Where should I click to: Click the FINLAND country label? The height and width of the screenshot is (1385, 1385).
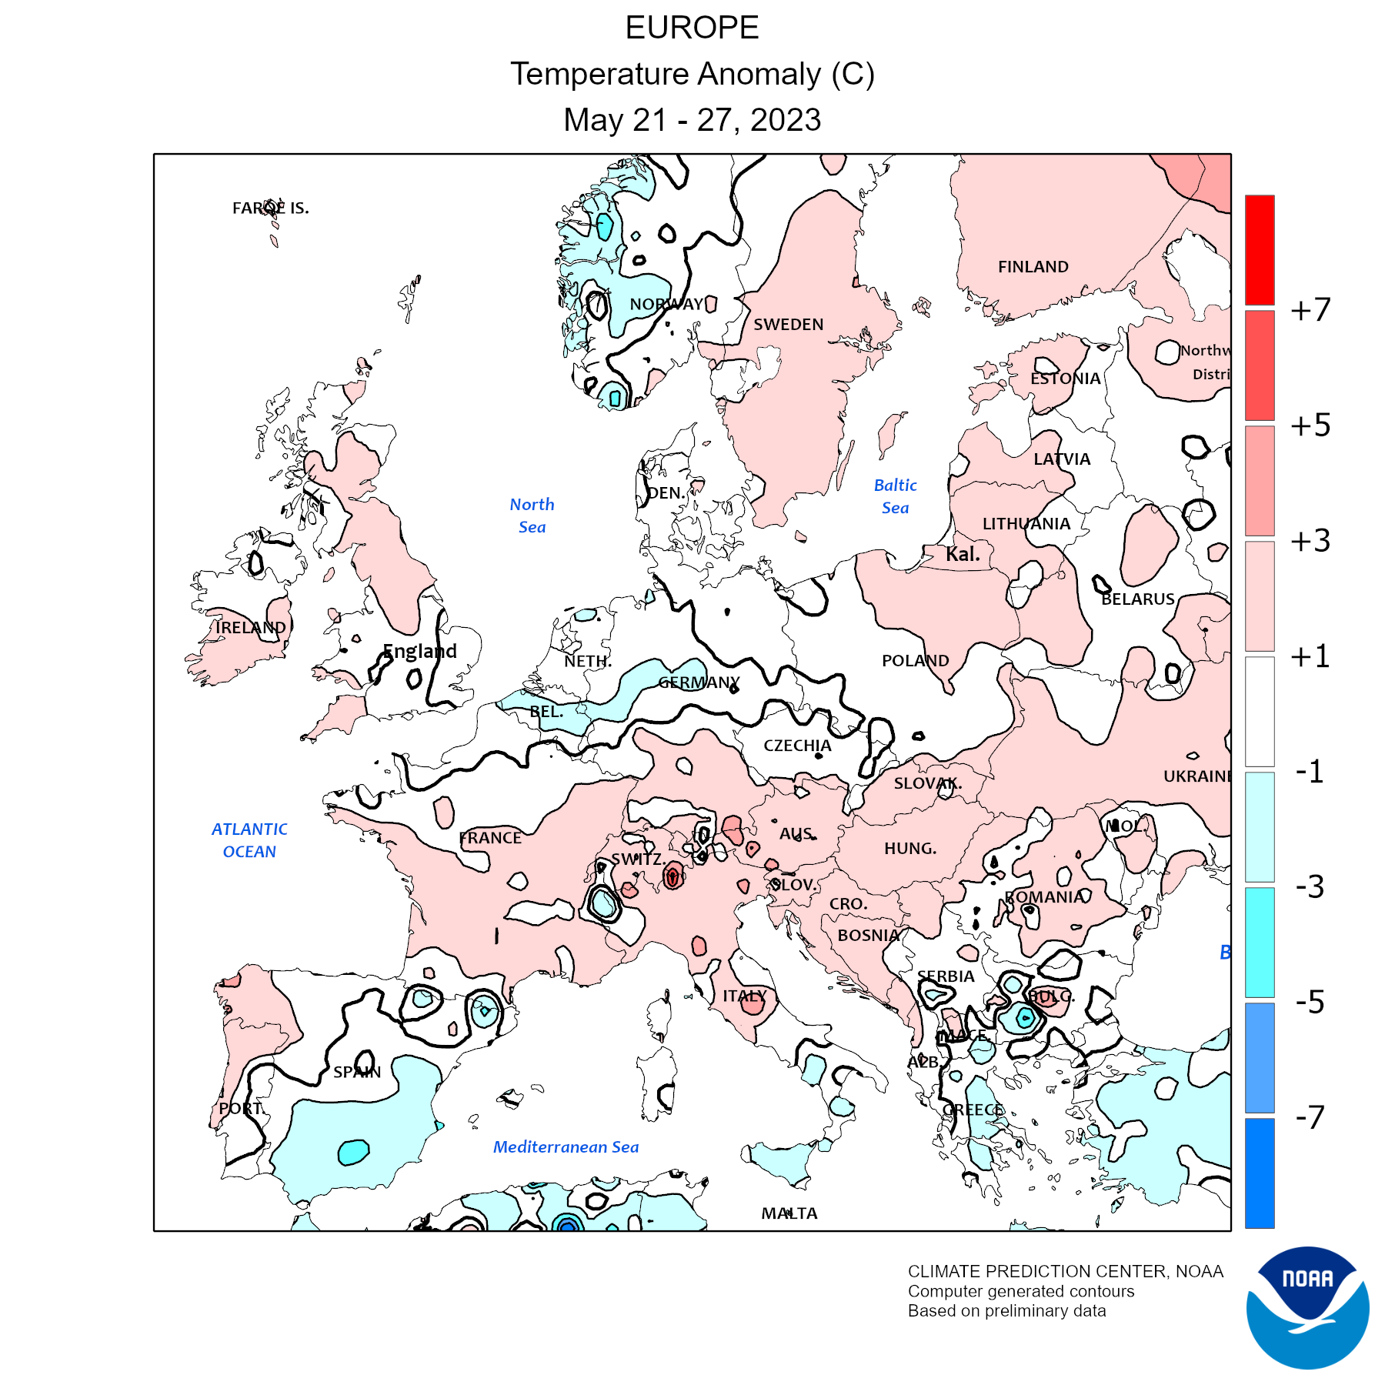pyautogui.click(x=1033, y=267)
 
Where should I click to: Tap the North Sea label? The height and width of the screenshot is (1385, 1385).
pyautogui.click(x=532, y=516)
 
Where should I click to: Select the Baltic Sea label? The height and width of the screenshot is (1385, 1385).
pyautogui.click(x=895, y=496)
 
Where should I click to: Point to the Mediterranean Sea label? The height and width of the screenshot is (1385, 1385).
pyautogui.click(x=566, y=1147)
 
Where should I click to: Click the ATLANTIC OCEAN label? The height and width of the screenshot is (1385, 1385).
pyautogui.click(x=249, y=840)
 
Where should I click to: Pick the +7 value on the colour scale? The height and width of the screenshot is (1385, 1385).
pyautogui.click(x=1310, y=310)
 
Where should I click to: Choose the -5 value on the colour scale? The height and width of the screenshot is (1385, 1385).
pyautogui.click(x=1310, y=1003)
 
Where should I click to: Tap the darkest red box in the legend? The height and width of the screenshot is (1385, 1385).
pyautogui.click(x=1260, y=250)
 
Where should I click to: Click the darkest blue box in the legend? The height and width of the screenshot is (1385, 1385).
pyautogui.click(x=1260, y=1173)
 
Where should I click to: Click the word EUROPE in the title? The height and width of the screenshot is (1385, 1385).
pyautogui.click(x=692, y=28)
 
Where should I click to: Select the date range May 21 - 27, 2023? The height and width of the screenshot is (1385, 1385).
pyautogui.click(x=692, y=120)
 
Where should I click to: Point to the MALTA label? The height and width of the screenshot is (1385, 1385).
pyautogui.click(x=789, y=1213)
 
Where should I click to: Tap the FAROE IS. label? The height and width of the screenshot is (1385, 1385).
pyautogui.click(x=270, y=208)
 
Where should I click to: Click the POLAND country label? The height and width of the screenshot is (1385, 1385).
pyautogui.click(x=915, y=661)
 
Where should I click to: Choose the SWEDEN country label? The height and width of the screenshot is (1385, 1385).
pyautogui.click(x=788, y=325)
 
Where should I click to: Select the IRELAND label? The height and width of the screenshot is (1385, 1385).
pyautogui.click(x=250, y=628)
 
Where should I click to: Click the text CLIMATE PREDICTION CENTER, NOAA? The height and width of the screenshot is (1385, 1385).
pyautogui.click(x=1065, y=1272)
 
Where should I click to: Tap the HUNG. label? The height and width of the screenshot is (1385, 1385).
pyautogui.click(x=909, y=849)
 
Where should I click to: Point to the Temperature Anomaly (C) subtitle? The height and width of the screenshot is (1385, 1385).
pyautogui.click(x=692, y=74)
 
